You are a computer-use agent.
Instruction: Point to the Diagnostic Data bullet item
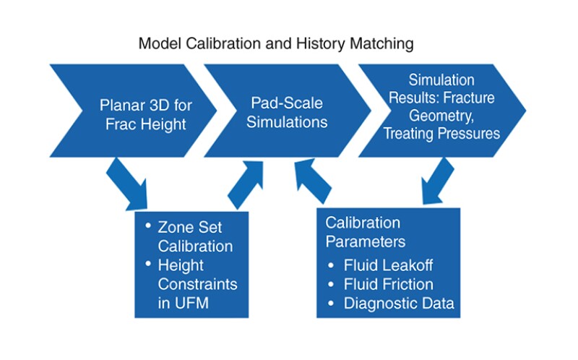tap(390, 303)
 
